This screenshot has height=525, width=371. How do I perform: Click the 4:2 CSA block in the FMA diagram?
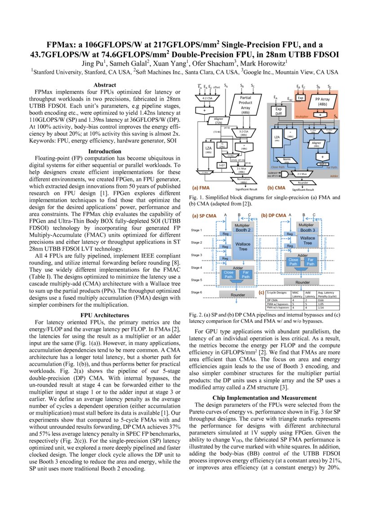click(207, 97)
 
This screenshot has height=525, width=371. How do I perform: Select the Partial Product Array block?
click(245, 105)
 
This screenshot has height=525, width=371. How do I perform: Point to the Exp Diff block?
click(278, 111)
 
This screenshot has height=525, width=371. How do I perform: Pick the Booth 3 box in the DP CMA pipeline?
click(308, 230)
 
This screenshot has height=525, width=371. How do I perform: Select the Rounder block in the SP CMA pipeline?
click(238, 295)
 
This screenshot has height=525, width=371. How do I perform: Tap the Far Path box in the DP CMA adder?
click(310, 262)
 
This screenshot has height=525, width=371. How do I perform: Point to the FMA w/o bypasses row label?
click(278, 307)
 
